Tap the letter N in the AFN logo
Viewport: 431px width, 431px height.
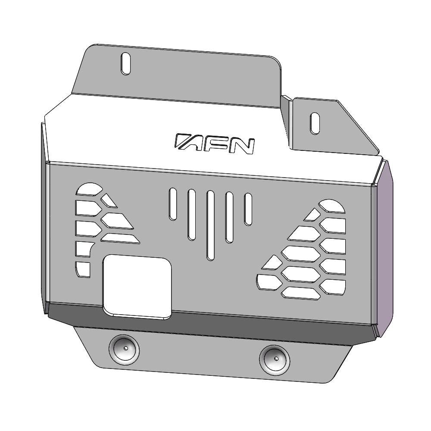click(x=242, y=146)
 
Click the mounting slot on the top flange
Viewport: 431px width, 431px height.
click(x=125, y=63)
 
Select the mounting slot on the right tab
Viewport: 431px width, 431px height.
click(x=315, y=123)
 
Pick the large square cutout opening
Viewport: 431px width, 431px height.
click(x=137, y=287)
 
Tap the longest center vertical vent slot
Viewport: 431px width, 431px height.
click(x=211, y=225)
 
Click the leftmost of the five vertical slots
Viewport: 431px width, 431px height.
click(x=173, y=204)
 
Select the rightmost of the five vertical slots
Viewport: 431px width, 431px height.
click(x=248, y=209)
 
